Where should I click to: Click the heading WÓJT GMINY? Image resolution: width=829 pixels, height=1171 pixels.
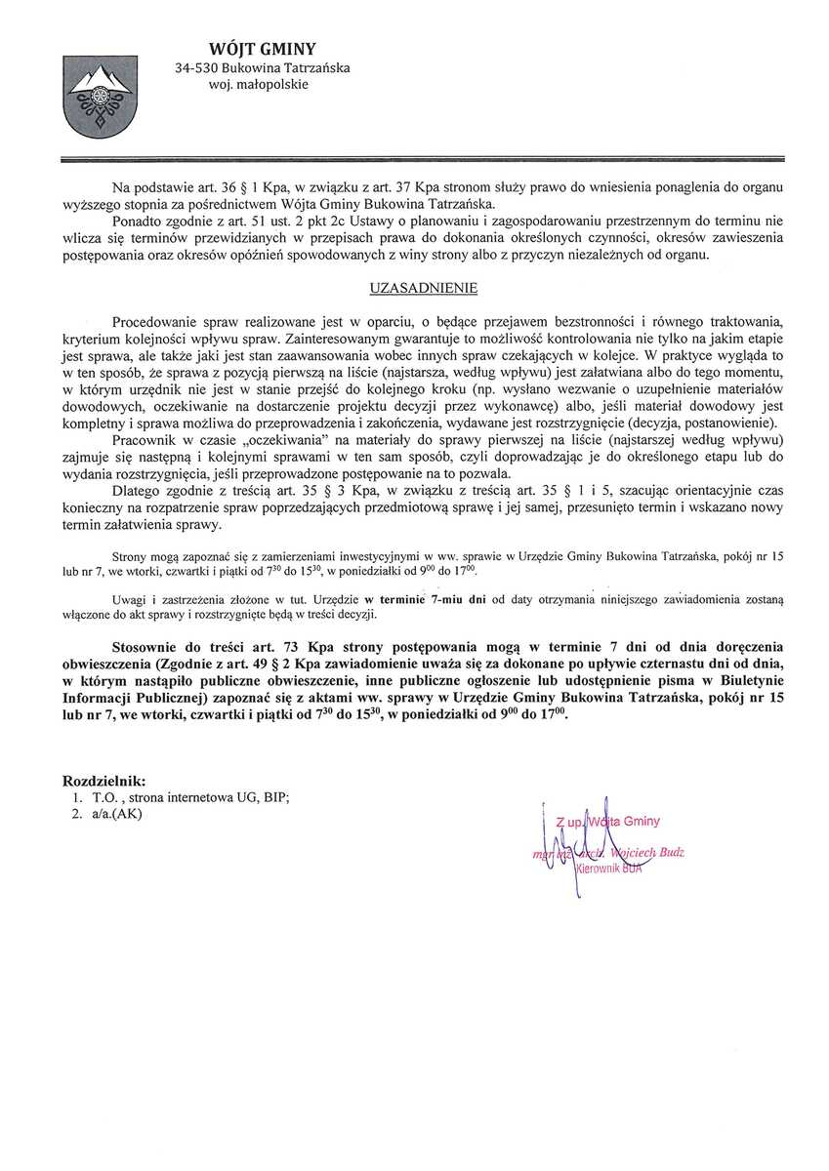tap(263, 50)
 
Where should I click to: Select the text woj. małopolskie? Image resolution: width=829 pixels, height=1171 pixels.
tap(258, 85)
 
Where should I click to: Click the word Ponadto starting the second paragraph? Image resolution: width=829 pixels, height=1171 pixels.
tap(138, 221)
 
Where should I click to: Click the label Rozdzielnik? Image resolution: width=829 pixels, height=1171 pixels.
tap(104, 781)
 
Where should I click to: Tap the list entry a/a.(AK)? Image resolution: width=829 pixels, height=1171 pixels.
tap(114, 815)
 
